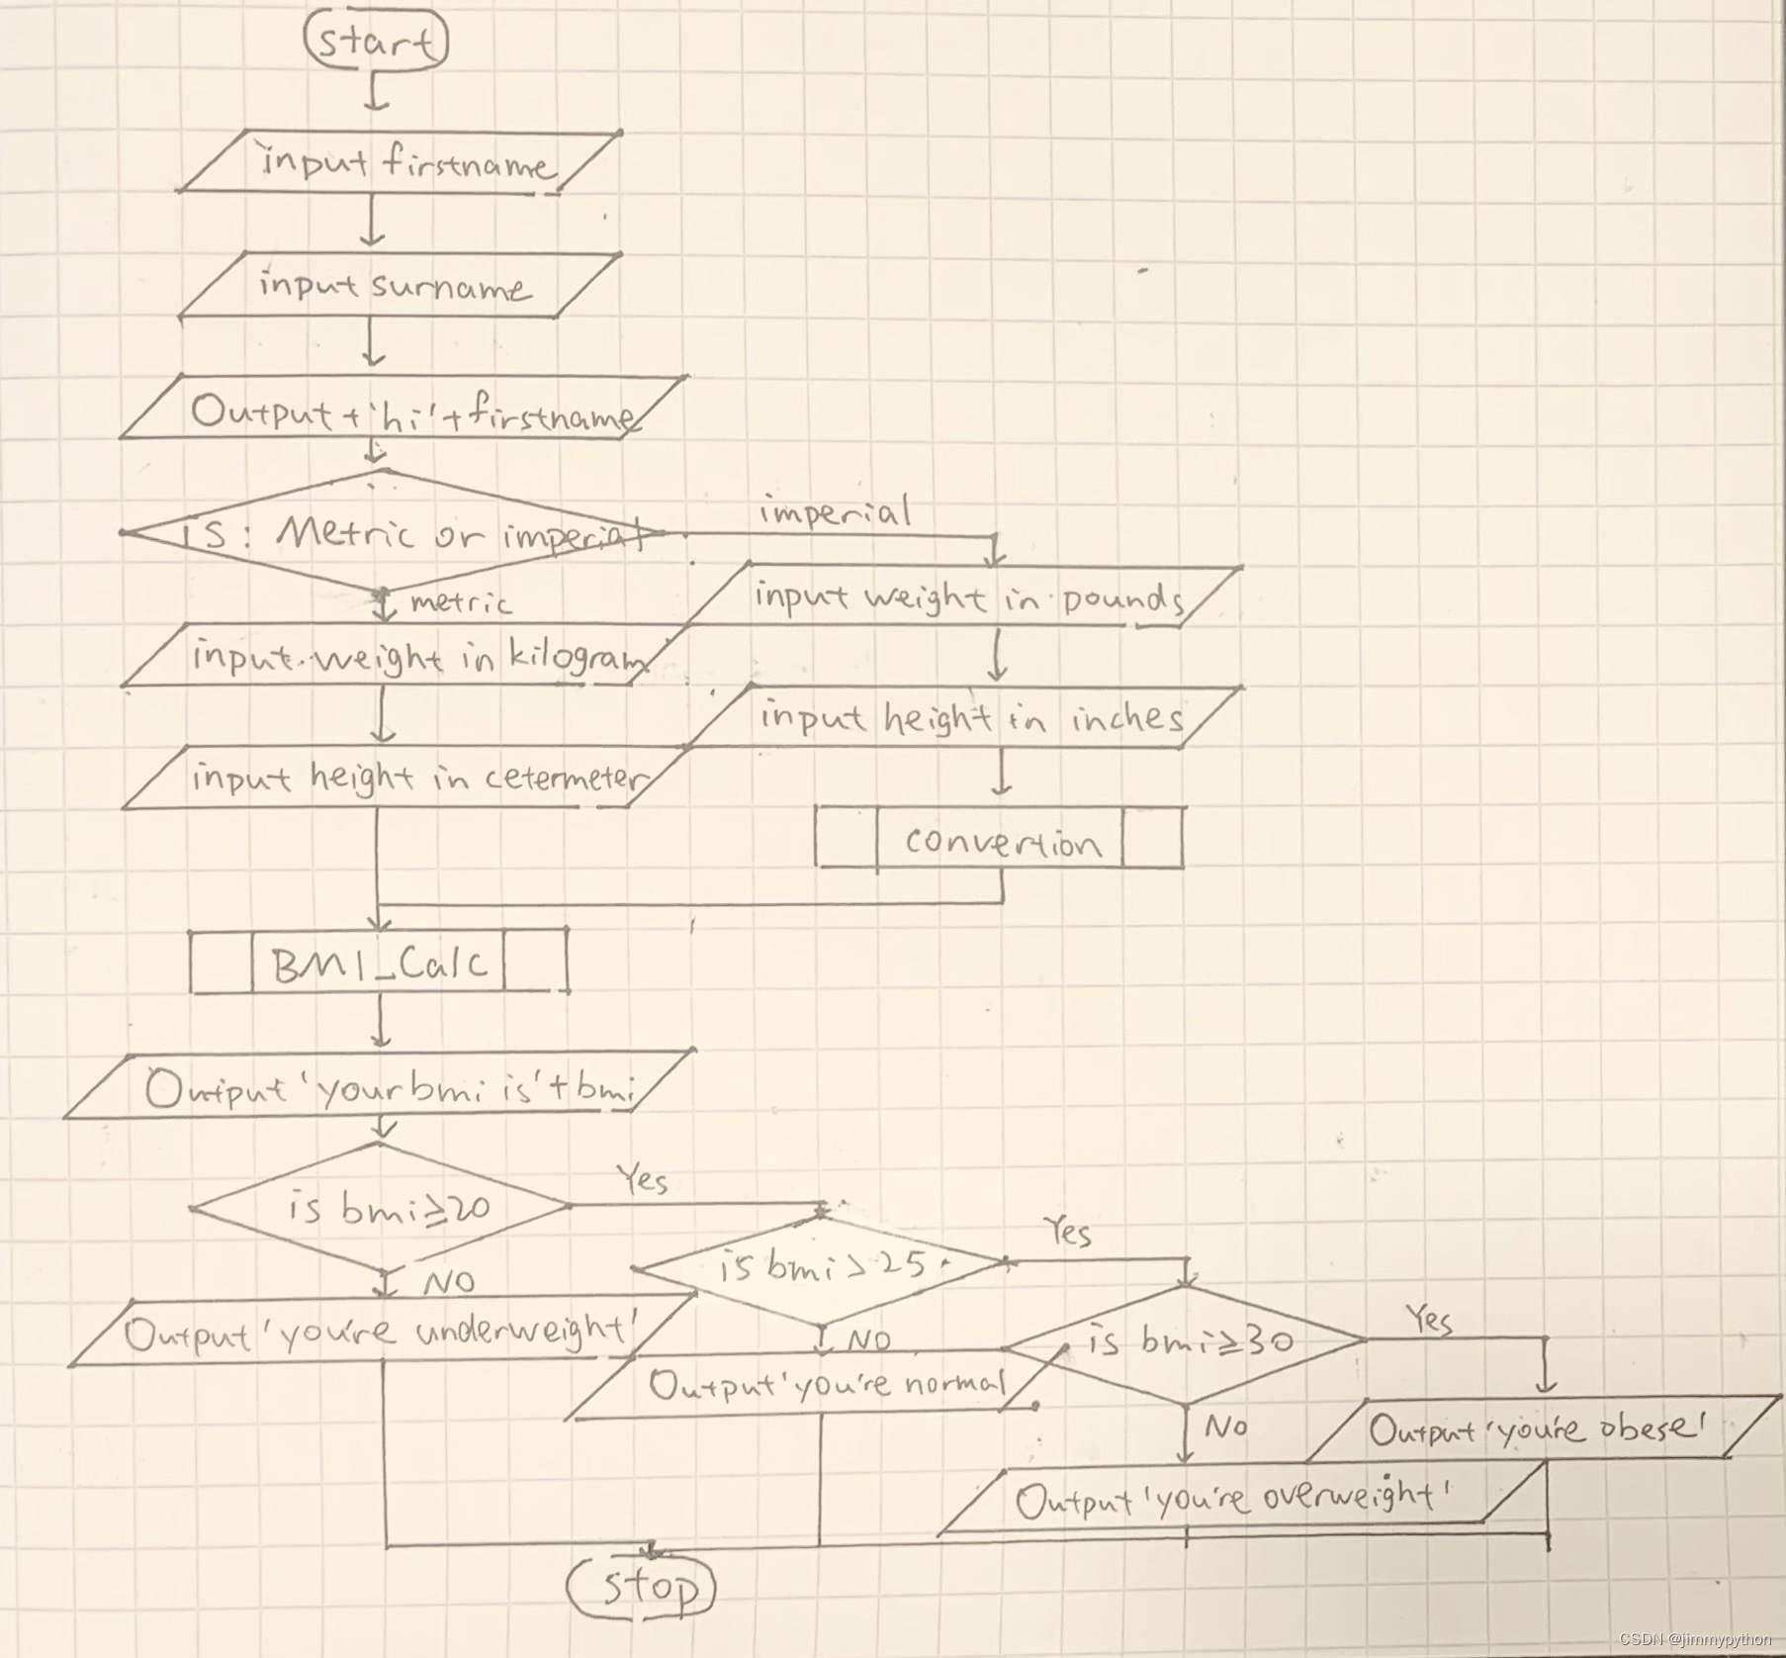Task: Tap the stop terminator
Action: pos(642,1587)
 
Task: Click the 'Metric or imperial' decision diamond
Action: pos(396,533)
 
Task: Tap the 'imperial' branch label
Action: pos(835,512)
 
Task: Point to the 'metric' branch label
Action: pos(461,602)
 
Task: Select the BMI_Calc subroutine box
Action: pos(379,961)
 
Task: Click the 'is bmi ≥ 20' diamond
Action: pos(381,1208)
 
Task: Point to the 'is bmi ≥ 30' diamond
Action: pos(1187,1342)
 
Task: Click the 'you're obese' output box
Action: pos(1538,1429)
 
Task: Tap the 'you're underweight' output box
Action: pos(381,1334)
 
